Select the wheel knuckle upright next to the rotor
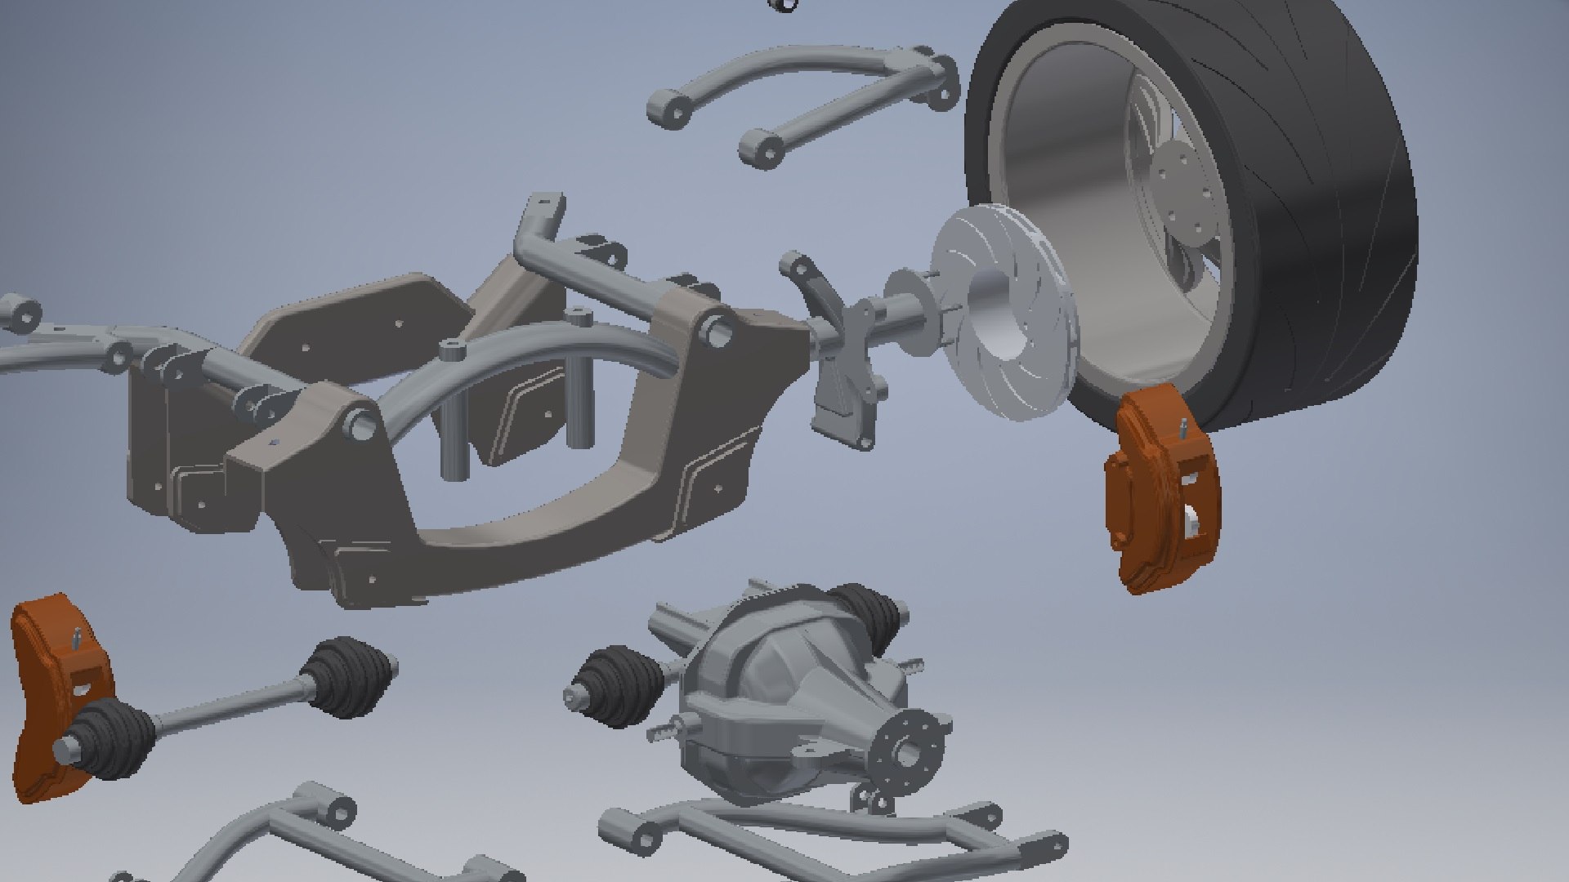pyautogui.click(x=842, y=359)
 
